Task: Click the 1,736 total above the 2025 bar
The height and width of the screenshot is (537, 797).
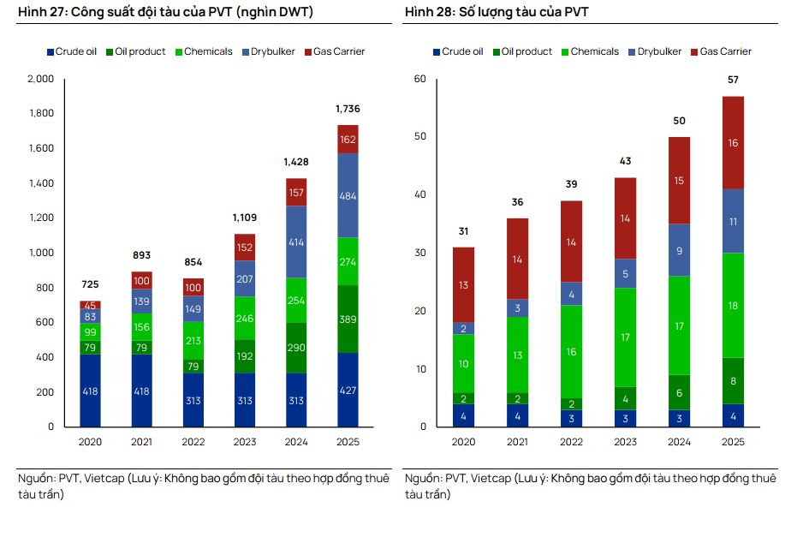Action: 348,109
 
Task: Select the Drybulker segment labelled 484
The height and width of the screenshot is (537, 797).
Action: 348,196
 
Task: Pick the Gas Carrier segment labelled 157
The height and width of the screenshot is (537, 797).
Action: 296,193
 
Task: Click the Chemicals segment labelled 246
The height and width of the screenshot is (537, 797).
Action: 245,319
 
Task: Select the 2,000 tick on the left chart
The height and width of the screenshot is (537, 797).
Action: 40,79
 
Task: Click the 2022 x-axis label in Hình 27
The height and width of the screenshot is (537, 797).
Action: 193,442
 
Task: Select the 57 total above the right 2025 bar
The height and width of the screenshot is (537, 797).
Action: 733,80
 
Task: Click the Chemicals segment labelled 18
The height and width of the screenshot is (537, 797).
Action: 733,306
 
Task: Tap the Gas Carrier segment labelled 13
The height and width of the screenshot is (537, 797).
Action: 463,285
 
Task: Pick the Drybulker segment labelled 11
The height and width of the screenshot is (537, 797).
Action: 733,221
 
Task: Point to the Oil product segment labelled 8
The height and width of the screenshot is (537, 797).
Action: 733,381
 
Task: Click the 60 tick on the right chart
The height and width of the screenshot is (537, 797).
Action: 419,79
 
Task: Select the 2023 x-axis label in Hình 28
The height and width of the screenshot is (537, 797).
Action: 625,442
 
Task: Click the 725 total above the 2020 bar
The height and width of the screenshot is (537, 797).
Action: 91,284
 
